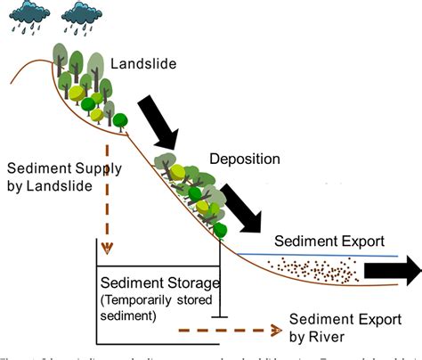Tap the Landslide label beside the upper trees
pyautogui.click(x=144, y=64)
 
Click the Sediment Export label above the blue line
pyautogui.click(x=329, y=241)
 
